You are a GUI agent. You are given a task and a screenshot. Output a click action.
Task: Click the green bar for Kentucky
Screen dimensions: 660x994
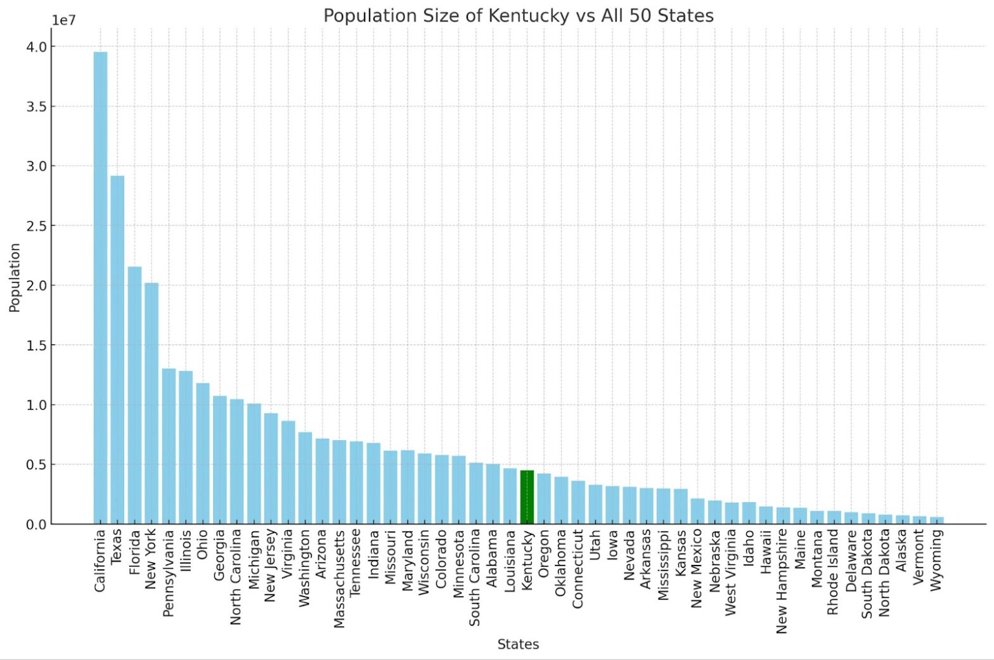pos(527,497)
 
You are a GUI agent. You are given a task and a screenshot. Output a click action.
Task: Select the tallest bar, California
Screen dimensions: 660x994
pos(100,288)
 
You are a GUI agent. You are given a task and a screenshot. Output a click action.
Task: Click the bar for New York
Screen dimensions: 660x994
pos(152,403)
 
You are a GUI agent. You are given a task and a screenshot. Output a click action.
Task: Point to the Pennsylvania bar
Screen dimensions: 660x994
pos(169,446)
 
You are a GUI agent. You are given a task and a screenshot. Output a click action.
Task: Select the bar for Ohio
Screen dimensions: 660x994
pos(203,453)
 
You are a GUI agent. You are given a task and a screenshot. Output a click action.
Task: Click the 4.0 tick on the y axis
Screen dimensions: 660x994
pos(36,47)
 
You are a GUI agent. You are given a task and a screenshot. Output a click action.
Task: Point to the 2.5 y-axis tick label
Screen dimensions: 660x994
pos(36,226)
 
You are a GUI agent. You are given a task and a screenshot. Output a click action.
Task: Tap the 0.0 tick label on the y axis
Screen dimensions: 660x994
pos(36,525)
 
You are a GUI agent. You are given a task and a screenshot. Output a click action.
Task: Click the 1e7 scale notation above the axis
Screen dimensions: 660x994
pos(63,20)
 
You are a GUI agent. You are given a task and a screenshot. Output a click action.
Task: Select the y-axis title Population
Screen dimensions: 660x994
pos(15,278)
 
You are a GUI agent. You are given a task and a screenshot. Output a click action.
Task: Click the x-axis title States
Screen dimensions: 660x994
pos(518,644)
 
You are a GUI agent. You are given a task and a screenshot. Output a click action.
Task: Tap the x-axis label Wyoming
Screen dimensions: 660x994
pos(936,560)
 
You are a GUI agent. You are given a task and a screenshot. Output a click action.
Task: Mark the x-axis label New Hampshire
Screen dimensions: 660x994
pos(782,581)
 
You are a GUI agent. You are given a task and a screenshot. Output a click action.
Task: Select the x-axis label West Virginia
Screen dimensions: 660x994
pos(731,573)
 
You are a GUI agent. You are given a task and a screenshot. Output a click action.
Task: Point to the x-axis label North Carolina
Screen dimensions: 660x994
pos(236,577)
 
